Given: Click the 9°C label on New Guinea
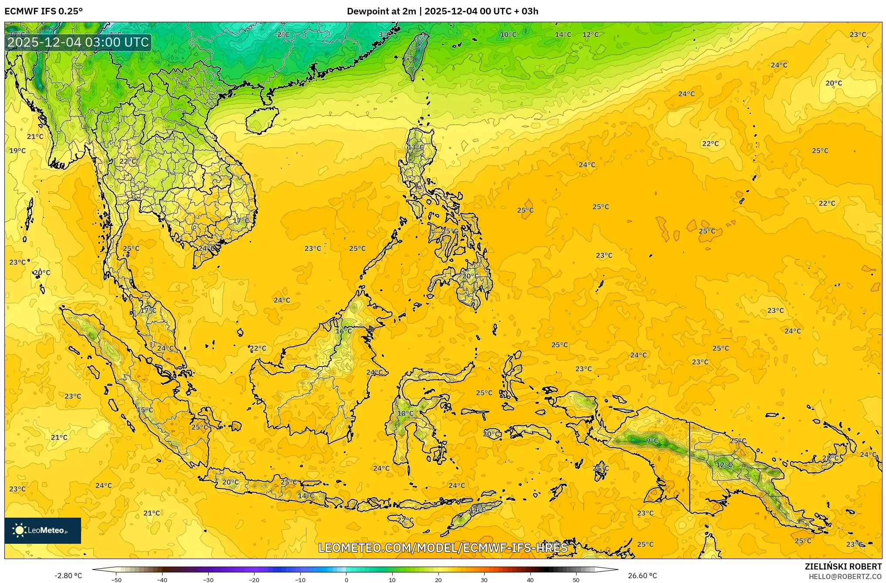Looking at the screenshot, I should coord(652,441).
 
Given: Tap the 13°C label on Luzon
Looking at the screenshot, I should coord(415,147).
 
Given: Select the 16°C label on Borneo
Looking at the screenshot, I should coord(343,331).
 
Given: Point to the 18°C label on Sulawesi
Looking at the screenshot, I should coord(405,414).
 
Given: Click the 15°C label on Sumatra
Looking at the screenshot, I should coord(145,410).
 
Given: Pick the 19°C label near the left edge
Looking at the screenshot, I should coord(17,151).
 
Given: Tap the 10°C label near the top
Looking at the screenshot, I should coord(508,35).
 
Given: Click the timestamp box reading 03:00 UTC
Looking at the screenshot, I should coord(78,42).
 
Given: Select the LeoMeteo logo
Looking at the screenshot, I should coord(43,530).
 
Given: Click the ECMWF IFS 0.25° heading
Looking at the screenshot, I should coord(44,11).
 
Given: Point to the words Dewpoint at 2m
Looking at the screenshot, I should coord(381,11).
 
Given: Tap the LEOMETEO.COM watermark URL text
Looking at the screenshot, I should coord(443,548).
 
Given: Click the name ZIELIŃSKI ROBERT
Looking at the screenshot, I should coord(843,566).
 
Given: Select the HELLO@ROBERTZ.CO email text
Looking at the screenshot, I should coord(845,576).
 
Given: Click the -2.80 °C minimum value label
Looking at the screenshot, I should coord(68,576).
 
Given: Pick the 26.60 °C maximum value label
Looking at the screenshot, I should coord(642,576).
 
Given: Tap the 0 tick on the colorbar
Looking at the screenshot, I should coord(346,580).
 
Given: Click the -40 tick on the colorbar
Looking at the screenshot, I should coord(162,580).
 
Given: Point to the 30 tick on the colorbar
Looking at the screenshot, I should coord(484,580).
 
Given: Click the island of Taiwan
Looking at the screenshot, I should coord(414,54).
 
